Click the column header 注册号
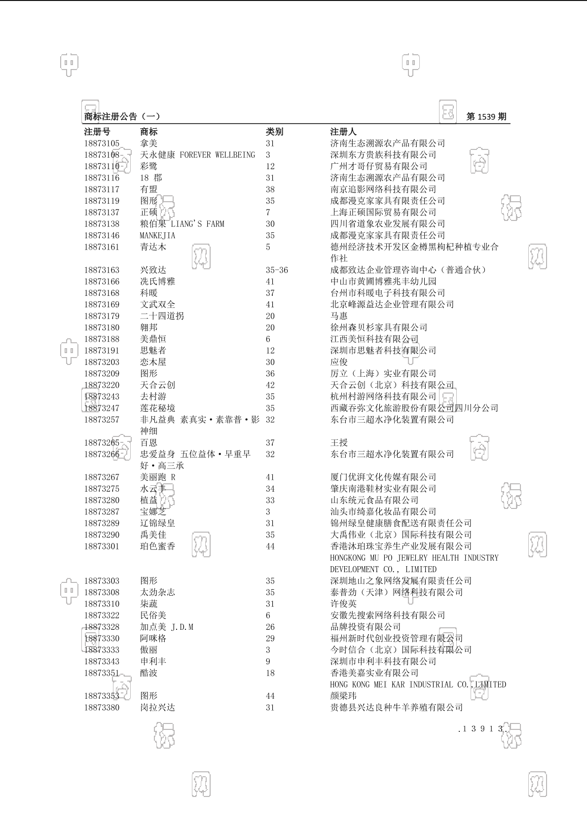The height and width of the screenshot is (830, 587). [97, 132]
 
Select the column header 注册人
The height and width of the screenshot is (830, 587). [343, 132]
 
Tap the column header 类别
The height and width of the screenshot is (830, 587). [275, 132]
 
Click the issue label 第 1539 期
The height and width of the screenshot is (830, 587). [486, 117]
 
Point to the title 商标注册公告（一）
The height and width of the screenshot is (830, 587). [122, 117]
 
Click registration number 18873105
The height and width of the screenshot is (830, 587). [102, 144]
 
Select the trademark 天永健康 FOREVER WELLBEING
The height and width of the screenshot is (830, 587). [197, 155]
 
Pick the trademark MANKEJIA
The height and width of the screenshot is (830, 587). [157, 236]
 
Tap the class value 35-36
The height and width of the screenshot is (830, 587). [277, 270]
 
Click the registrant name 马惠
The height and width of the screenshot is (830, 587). [339, 316]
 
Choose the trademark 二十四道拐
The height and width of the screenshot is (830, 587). [162, 316]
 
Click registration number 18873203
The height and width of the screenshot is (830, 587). [102, 362]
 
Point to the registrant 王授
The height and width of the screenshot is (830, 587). [339, 443]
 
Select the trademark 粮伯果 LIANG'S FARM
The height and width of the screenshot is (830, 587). [182, 224]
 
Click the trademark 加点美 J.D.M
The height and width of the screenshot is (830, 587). [167, 627]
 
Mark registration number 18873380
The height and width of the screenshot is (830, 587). [102, 708]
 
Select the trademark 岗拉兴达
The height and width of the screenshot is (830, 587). [157, 708]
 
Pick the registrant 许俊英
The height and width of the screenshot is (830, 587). [343, 604]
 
